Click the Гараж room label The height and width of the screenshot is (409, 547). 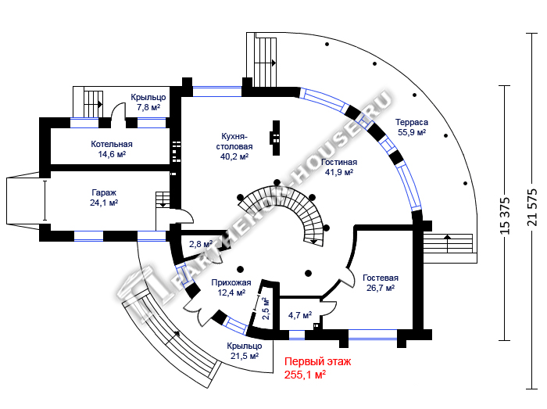[104, 192]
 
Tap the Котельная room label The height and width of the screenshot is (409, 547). [112, 144]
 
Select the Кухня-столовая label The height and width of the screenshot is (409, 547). [234, 142]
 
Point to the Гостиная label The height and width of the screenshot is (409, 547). [339, 163]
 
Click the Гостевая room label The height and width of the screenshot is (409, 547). [381, 278]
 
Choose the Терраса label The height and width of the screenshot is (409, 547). [412, 123]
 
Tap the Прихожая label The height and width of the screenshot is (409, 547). [231, 282]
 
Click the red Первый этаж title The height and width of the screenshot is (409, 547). [318, 361]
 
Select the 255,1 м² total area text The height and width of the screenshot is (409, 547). [306, 375]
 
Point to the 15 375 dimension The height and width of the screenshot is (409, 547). [505, 215]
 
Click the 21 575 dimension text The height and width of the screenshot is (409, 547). [532, 207]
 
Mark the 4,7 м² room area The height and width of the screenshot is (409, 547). [300, 315]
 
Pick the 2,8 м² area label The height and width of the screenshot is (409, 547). [201, 244]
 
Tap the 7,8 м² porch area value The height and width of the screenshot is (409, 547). [148, 107]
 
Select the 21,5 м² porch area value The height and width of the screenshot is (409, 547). [245, 356]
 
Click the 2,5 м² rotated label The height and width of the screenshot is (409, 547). [266, 308]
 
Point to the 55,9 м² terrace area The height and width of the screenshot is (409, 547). [412, 132]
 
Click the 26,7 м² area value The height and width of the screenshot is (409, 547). [381, 288]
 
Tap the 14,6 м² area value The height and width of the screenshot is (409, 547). [112, 154]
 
